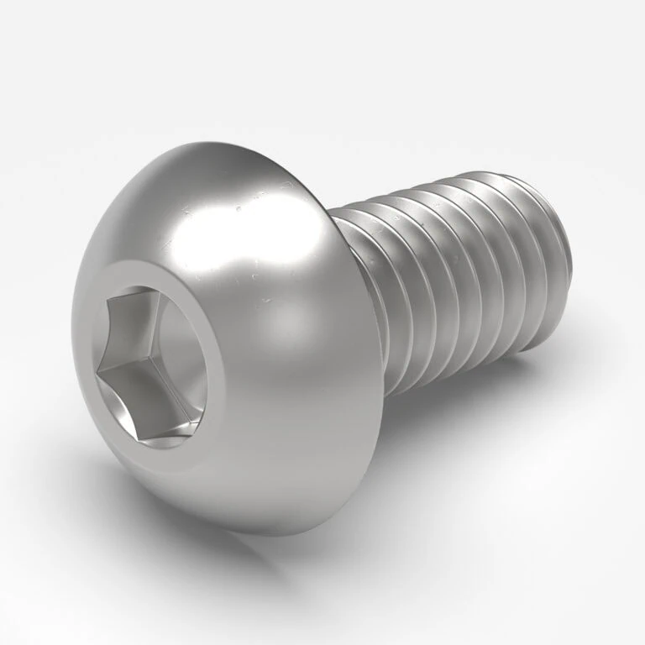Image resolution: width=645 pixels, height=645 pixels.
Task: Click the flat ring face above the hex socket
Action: [x=160, y=269]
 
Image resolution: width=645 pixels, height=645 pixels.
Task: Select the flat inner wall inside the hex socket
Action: [x=181, y=336]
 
